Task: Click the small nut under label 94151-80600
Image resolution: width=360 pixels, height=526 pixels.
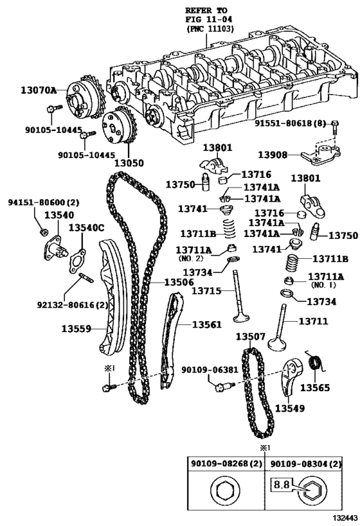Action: point(43,231)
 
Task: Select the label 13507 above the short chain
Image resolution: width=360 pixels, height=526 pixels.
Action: point(251,337)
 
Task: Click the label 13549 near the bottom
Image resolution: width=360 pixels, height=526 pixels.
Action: point(291,408)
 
